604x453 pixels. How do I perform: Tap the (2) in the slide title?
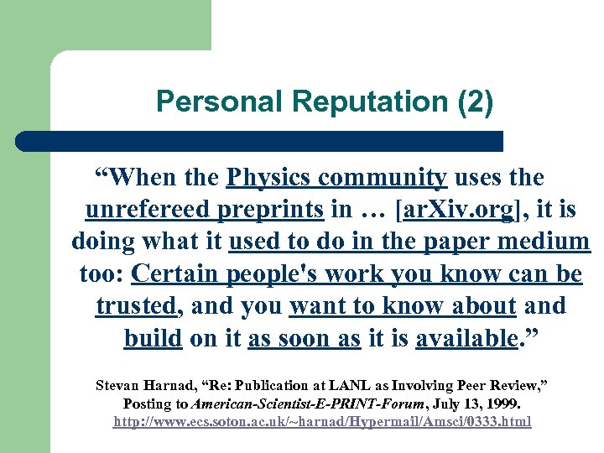point(476,102)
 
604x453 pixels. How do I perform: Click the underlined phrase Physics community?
point(336,178)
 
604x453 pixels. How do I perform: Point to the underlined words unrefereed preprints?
point(205,210)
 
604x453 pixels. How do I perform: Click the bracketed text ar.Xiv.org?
point(457,210)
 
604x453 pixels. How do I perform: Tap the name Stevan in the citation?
point(117,386)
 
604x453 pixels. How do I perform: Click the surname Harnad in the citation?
point(170,386)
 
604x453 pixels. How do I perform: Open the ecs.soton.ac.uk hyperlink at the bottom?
point(323,421)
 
